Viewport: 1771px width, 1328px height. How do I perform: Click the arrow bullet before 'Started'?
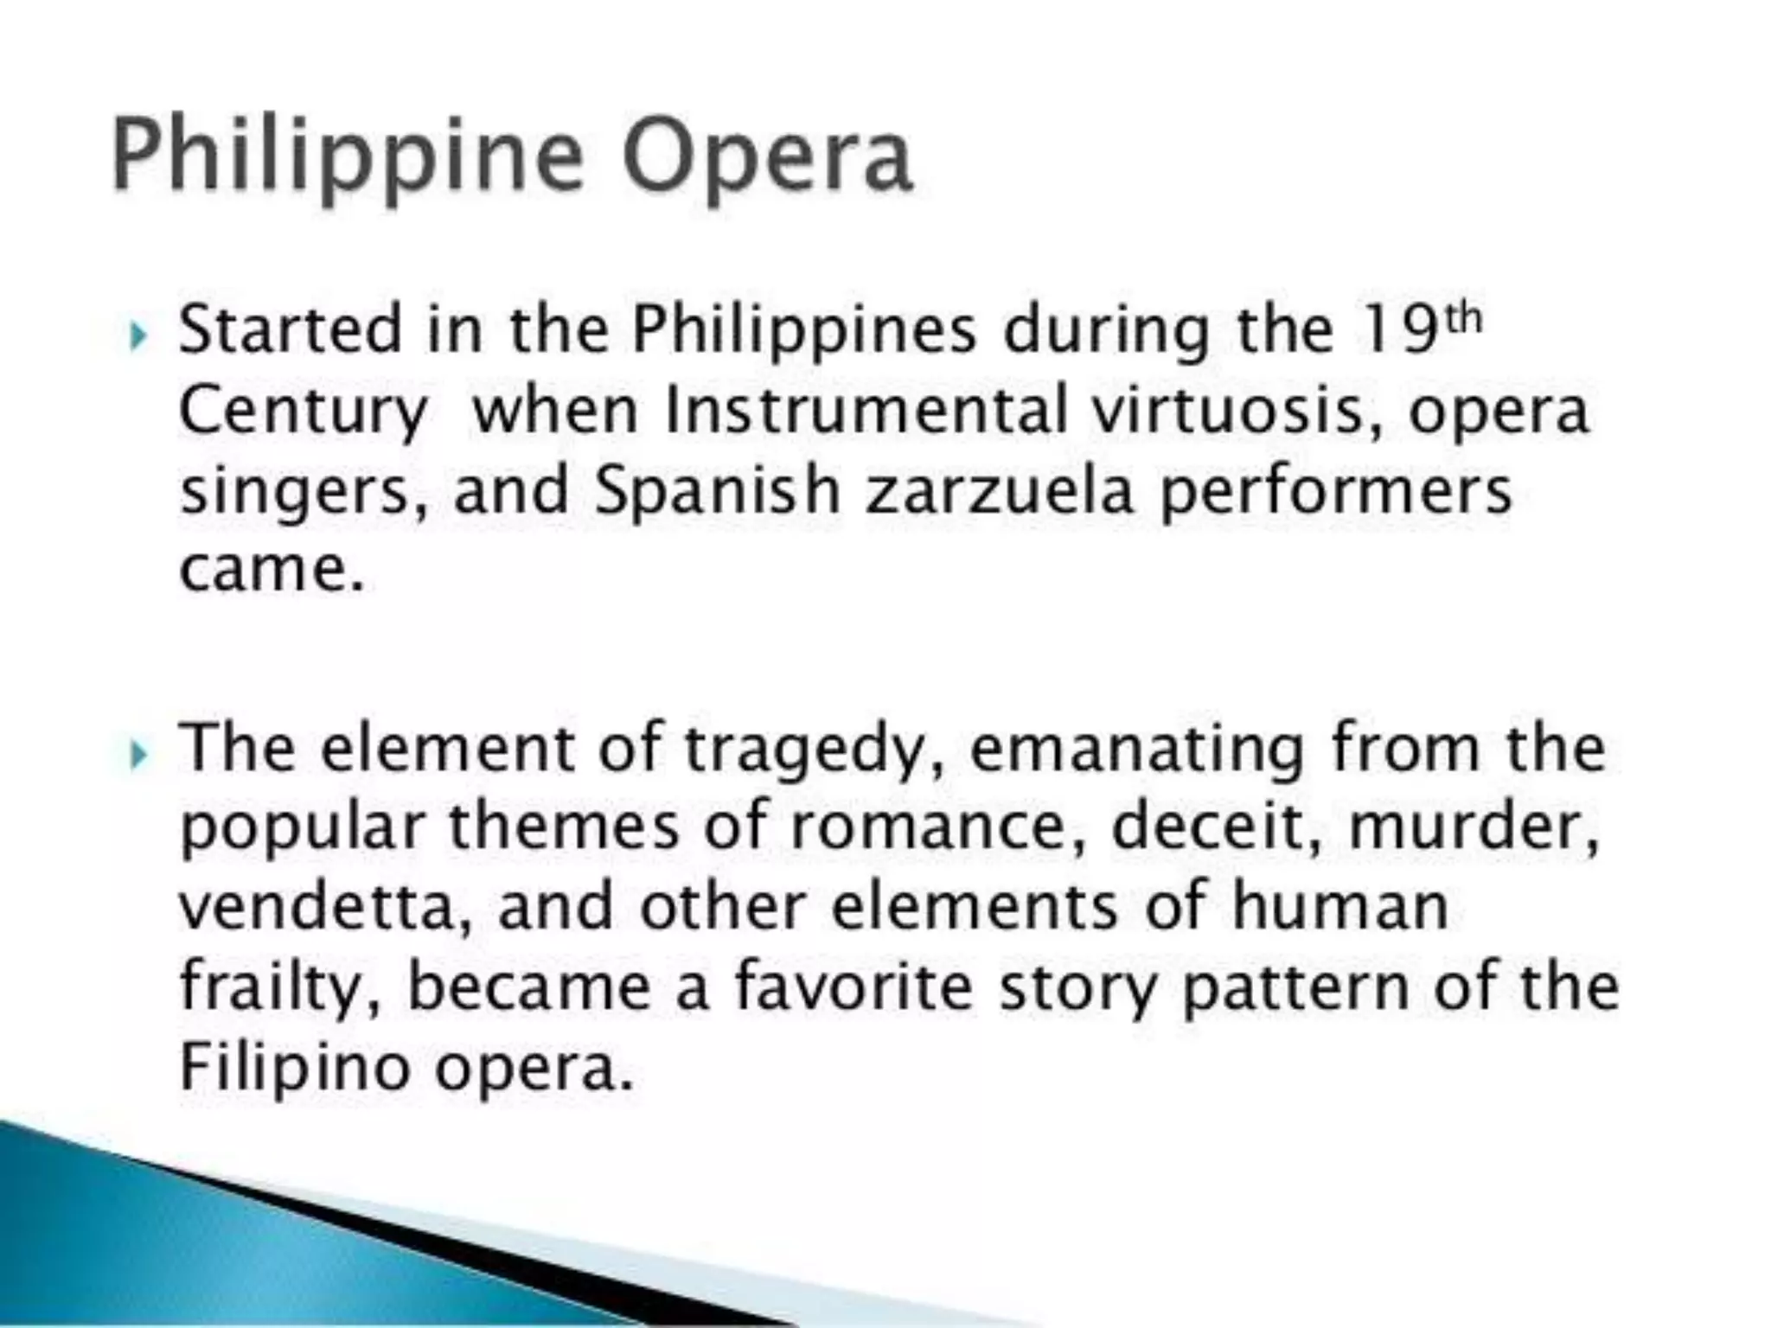(137, 335)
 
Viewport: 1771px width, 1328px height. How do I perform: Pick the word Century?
(303, 412)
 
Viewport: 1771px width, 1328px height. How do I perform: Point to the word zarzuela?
(1000, 490)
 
